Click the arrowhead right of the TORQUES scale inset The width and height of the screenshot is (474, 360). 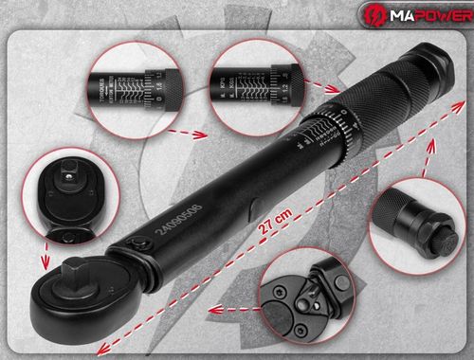click(x=201, y=135)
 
